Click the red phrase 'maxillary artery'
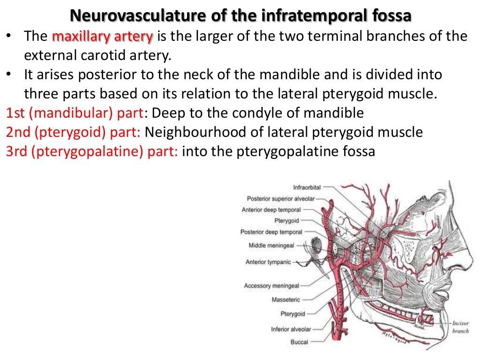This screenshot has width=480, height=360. (x=103, y=36)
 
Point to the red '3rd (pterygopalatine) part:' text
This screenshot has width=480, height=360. (x=92, y=152)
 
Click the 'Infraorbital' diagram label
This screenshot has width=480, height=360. (x=307, y=187)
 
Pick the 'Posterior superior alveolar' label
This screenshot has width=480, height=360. (x=281, y=199)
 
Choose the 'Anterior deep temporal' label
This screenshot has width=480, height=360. (x=271, y=210)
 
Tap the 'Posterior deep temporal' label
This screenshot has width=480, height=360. (x=271, y=232)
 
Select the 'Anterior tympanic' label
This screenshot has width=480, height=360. (x=268, y=262)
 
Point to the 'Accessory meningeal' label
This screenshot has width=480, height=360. (x=271, y=285)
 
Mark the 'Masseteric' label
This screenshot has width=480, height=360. (x=285, y=300)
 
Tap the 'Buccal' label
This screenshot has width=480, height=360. (x=299, y=342)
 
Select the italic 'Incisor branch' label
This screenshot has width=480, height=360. (x=461, y=327)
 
